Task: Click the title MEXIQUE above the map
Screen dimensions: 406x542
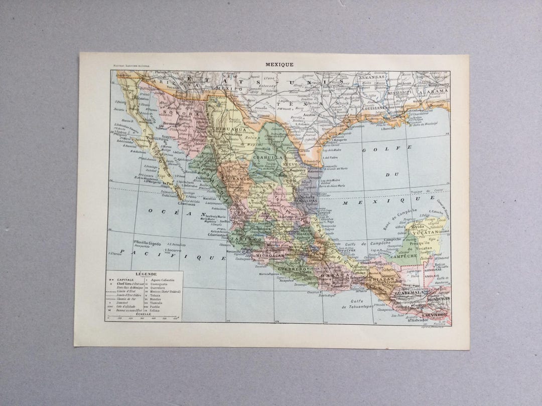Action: click(281, 64)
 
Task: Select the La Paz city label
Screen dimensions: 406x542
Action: click(168, 184)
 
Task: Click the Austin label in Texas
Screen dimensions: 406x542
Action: click(309, 115)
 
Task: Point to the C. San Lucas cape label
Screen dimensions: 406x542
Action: click(184, 204)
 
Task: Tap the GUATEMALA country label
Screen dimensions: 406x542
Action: click(409, 293)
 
